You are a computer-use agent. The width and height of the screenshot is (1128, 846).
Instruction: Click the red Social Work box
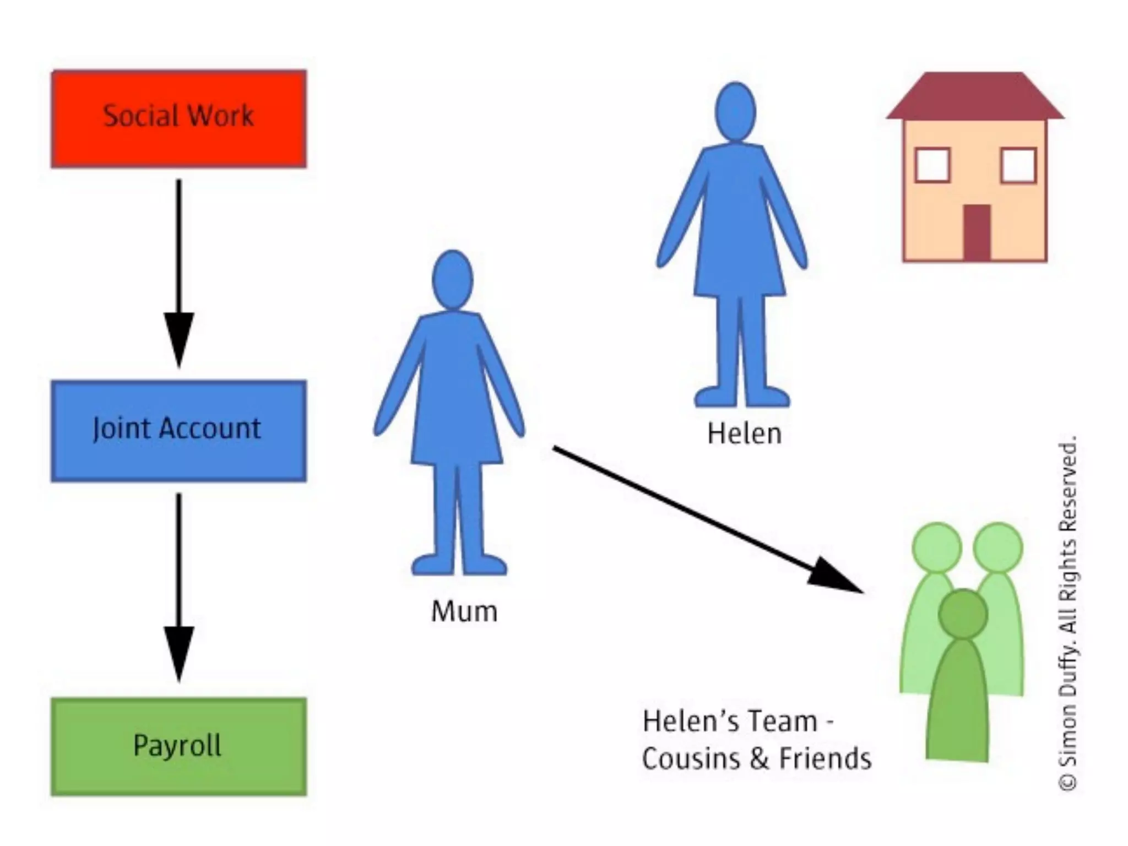pos(179,118)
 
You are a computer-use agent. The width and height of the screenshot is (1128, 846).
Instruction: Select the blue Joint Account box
pos(179,431)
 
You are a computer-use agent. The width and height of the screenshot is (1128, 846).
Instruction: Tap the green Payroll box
pos(179,746)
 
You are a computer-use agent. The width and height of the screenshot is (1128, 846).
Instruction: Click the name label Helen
pos(744,434)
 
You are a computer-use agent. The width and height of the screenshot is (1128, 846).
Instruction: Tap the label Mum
pos(464,611)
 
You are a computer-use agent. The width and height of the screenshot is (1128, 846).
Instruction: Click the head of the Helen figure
pos(735,112)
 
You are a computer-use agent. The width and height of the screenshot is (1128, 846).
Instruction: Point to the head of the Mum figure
pos(453,280)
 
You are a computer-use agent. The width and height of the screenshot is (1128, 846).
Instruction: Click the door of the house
pos(977,232)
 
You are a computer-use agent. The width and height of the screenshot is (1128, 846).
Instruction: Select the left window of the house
pos(932,165)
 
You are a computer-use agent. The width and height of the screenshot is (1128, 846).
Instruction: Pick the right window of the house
pos(1018,165)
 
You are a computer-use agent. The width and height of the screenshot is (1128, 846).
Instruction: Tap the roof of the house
pos(975,96)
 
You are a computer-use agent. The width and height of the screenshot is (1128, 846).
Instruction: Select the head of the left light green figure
pos(936,548)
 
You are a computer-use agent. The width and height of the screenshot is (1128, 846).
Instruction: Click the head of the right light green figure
pos(997,548)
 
